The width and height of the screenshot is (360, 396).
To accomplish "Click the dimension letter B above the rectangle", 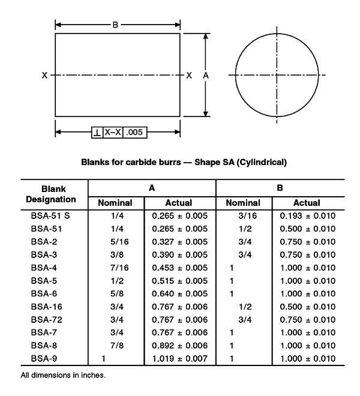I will point(115,25).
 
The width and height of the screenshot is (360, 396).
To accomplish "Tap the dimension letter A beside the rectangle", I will point(206,76).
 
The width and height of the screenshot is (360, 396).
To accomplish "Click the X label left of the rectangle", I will point(45,76).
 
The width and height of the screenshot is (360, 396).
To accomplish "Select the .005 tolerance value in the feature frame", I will point(135,132).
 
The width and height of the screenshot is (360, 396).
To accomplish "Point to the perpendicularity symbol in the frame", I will point(97,132).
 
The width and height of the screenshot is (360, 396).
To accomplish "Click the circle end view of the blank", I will point(277,75).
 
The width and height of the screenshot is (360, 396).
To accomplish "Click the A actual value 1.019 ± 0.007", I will point(179,359).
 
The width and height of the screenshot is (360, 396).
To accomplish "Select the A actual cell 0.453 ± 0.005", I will point(179,268).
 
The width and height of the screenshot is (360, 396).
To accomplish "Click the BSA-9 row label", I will point(43,359).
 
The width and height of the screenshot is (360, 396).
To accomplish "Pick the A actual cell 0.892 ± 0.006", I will point(179,346).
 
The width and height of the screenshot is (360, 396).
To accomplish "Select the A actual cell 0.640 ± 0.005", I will point(179,293).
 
